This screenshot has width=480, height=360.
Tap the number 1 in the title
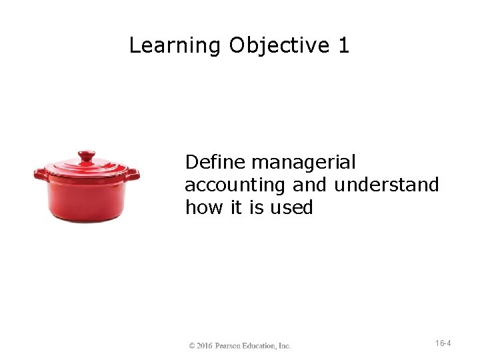tap(343, 46)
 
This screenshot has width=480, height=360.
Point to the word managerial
tap(304, 163)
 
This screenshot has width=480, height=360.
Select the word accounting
tap(236, 185)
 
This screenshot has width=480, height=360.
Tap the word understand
tap(387, 185)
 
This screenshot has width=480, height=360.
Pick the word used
tap(291, 207)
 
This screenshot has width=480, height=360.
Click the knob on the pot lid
tap(86, 156)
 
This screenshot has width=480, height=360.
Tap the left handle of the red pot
tap(41, 175)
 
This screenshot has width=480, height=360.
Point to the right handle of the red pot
tap(132, 175)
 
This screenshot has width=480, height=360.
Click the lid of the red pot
tap(87, 169)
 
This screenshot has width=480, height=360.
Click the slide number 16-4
tap(443, 343)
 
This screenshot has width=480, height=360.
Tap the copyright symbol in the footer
tap(192, 346)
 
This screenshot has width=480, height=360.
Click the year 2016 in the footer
tap(205, 346)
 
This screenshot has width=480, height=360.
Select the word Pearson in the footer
tap(230, 346)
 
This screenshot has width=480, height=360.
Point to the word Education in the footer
tap(262, 346)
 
